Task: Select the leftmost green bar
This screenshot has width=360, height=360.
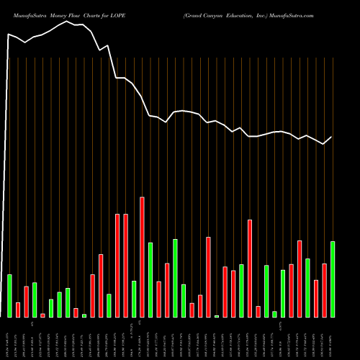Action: coord(9,296)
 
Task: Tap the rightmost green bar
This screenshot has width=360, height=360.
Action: coord(333,279)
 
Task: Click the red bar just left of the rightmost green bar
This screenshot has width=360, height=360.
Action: coord(324,291)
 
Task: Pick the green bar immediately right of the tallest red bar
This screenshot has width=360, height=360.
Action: coord(150,280)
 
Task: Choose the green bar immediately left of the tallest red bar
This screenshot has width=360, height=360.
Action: coord(134,299)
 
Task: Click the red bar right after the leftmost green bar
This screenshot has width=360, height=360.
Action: coord(18,310)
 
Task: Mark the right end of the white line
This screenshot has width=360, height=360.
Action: coord(332,137)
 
